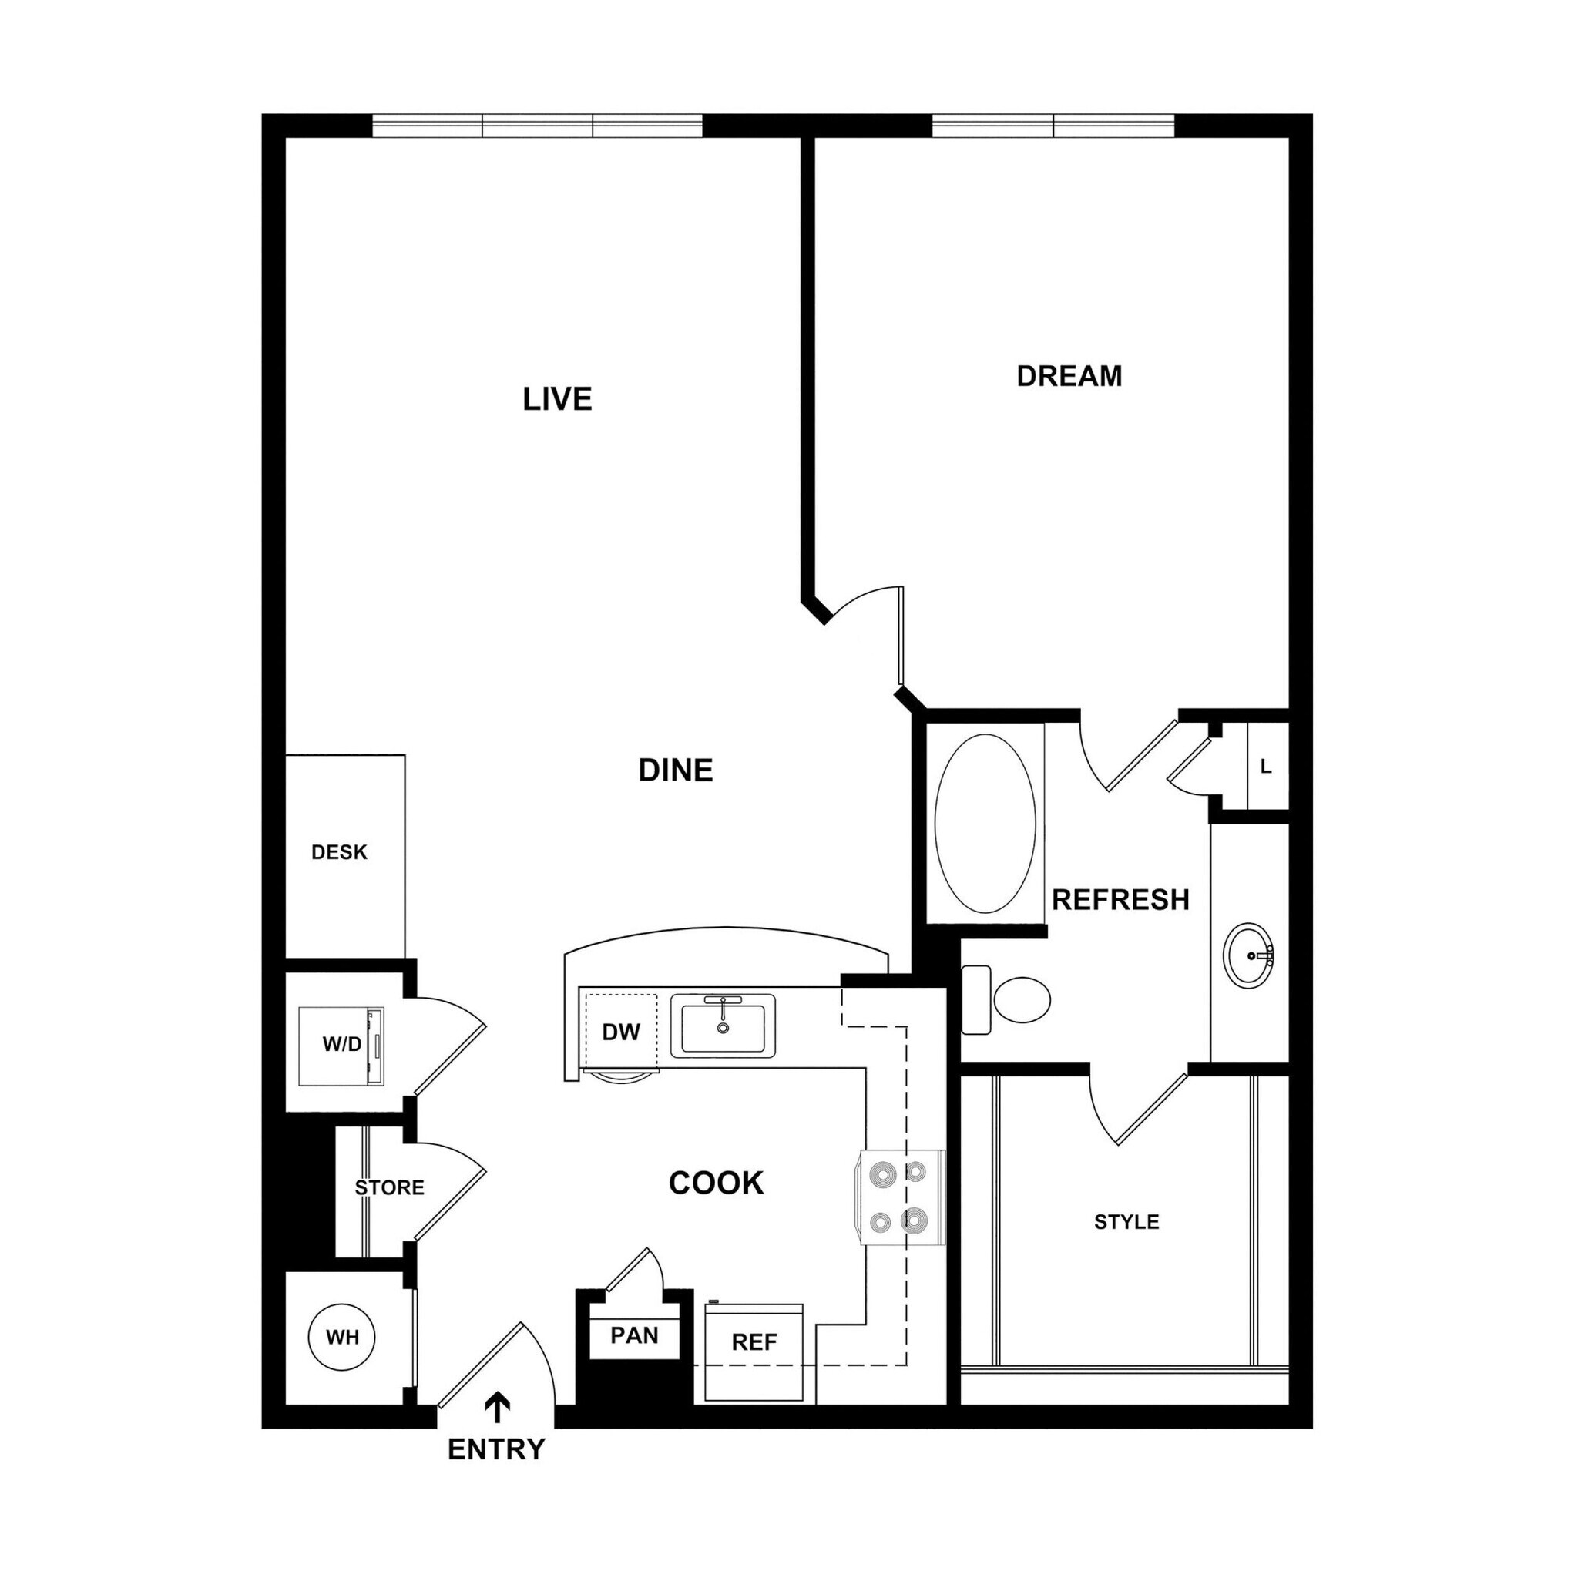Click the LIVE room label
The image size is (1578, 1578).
[x=557, y=399]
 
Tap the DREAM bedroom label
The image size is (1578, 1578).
[x=1069, y=376]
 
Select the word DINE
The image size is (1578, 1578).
[x=676, y=771]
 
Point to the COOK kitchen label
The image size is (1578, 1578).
[x=716, y=1183]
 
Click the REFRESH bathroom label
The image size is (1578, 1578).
[x=1120, y=900]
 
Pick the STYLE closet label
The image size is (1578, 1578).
[x=1126, y=1222]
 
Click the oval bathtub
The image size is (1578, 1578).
[x=985, y=824]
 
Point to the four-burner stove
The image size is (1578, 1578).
[x=898, y=1197]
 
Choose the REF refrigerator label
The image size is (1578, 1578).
[x=754, y=1342]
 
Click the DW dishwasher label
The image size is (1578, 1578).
[x=621, y=1032]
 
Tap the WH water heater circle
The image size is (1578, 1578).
[x=342, y=1337]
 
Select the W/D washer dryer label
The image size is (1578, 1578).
[x=341, y=1045]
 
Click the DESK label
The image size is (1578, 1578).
[x=339, y=853]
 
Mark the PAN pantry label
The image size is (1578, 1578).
[x=634, y=1335]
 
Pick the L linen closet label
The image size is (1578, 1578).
[x=1265, y=767]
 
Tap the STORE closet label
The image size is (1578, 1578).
[x=389, y=1187]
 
